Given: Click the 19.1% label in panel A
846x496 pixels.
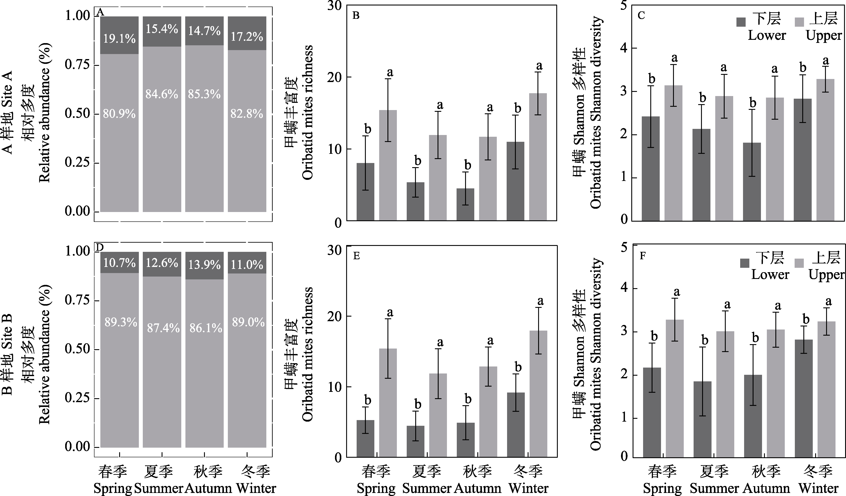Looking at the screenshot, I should click(119, 39).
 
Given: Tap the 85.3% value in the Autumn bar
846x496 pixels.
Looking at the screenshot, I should click(204, 94).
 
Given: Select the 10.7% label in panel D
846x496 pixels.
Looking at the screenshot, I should click(119, 263).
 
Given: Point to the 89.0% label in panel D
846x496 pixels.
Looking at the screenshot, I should click(248, 322).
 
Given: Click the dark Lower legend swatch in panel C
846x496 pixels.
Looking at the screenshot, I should click(741, 22).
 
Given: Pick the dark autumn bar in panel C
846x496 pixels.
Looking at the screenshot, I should click(752, 182).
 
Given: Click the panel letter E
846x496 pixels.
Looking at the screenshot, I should click(357, 256).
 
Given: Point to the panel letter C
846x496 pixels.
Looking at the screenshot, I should click(641, 16).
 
